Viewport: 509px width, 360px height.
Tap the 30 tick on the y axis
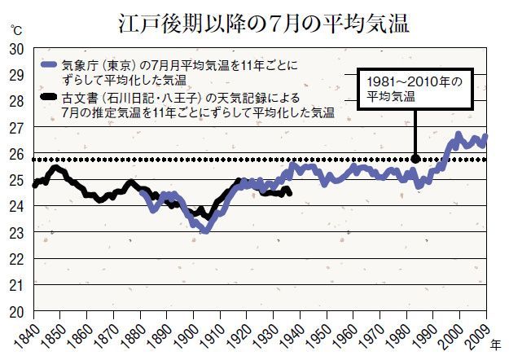click(15, 49)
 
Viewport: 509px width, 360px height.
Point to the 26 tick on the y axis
click(15, 154)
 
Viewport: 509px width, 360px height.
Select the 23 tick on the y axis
click(15, 233)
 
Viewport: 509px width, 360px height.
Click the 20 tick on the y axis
click(15, 312)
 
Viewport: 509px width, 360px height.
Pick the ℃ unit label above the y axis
click(16, 30)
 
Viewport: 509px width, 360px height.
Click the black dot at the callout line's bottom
click(415, 159)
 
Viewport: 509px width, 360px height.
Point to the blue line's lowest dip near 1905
click(205, 230)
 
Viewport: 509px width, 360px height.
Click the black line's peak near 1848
click(55, 168)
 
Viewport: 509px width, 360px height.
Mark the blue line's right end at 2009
click(485, 136)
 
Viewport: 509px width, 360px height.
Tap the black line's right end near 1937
click(289, 191)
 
